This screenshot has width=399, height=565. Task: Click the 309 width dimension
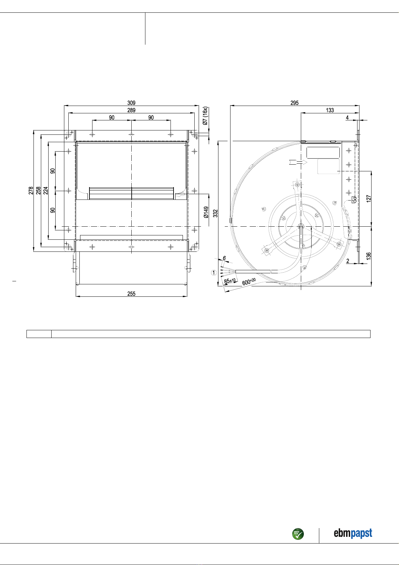tap(131, 103)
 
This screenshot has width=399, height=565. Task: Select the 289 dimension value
tap(131, 110)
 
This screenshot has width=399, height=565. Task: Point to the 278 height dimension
tap(31, 191)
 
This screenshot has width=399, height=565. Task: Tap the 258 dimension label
tap(38, 191)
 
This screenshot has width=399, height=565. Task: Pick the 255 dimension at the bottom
tap(131, 294)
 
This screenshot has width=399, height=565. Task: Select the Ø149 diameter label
tap(206, 212)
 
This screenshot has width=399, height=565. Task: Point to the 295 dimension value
tap(294, 103)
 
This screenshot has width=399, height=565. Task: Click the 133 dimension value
tap(330, 110)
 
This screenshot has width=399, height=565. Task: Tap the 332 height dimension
tap(216, 213)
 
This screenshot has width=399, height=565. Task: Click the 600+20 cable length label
tap(249, 282)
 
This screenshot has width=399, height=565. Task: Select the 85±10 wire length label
tap(230, 281)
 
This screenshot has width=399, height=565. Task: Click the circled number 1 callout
tap(214, 273)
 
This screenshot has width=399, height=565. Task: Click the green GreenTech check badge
tap(298, 534)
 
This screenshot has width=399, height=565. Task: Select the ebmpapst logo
tap(353, 533)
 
